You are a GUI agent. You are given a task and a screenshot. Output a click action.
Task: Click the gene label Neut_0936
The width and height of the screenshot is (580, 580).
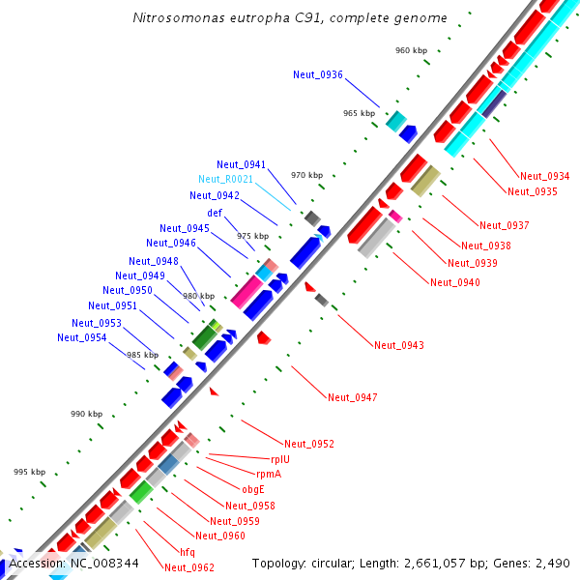(x=318, y=74)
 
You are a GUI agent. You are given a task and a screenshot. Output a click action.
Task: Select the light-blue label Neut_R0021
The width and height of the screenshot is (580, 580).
(x=226, y=180)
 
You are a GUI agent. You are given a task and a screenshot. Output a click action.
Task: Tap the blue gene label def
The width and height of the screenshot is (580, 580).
(x=215, y=213)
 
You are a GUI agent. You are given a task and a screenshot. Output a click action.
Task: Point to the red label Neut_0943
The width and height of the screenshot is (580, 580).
(x=399, y=345)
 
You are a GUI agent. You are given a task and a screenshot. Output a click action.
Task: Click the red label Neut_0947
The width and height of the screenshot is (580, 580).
(x=352, y=397)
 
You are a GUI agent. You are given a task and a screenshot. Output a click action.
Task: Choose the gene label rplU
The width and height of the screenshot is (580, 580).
(x=279, y=459)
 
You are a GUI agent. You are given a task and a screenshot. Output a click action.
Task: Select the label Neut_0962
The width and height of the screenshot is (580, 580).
(x=189, y=567)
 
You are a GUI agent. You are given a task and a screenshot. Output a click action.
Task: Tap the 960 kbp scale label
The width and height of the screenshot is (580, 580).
(x=411, y=50)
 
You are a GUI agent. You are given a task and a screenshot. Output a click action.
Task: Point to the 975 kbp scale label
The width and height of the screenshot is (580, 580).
(x=252, y=236)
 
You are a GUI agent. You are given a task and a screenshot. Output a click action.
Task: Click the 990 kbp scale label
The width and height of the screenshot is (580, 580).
(x=86, y=414)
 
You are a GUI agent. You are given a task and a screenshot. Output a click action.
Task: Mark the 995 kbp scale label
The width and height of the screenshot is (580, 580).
(x=29, y=472)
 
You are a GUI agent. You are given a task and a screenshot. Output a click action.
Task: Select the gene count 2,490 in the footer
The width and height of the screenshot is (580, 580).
(x=553, y=563)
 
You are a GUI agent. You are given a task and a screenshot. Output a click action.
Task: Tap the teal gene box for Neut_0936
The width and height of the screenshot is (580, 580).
(x=395, y=120)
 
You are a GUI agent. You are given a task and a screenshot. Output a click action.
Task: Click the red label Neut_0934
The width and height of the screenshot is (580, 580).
(x=544, y=176)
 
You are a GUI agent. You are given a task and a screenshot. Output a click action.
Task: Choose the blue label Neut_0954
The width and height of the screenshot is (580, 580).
(x=81, y=337)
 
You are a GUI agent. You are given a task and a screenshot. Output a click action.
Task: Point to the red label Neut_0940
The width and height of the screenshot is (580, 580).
(x=455, y=282)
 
